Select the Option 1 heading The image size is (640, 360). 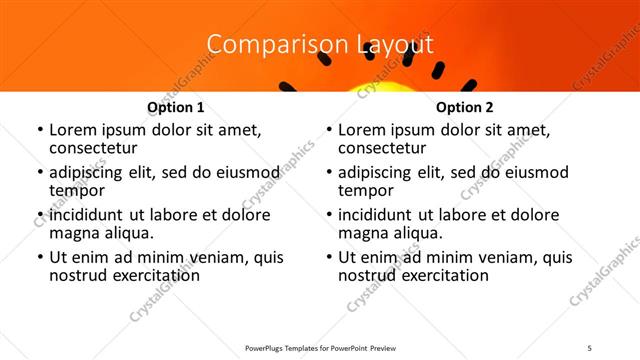176,107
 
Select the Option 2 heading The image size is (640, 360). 465,107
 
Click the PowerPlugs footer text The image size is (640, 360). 320,347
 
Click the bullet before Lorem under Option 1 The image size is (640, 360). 38,131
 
